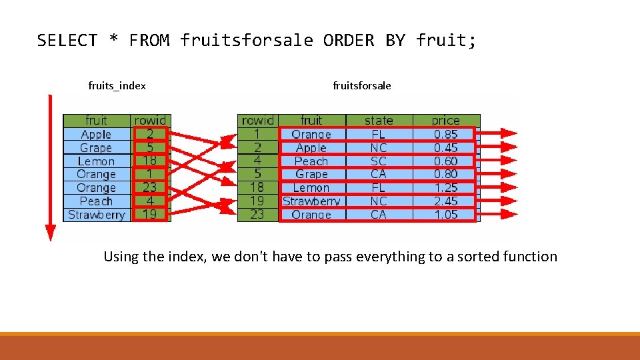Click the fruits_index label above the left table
click(117, 85)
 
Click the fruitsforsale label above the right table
click(362, 85)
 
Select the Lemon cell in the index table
click(96, 161)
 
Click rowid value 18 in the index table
click(150, 161)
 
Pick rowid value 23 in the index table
click(150, 187)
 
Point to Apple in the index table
click(96, 134)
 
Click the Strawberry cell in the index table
click(96, 215)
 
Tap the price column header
click(445, 121)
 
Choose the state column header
click(379, 121)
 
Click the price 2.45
click(445, 201)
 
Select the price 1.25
click(445, 187)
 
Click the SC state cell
click(379, 161)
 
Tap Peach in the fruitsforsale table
click(311, 161)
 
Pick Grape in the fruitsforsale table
click(311, 174)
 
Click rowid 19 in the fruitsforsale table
click(257, 201)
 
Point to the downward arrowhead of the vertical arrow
click(50, 233)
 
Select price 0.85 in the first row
click(445, 134)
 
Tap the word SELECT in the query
click(67, 41)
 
